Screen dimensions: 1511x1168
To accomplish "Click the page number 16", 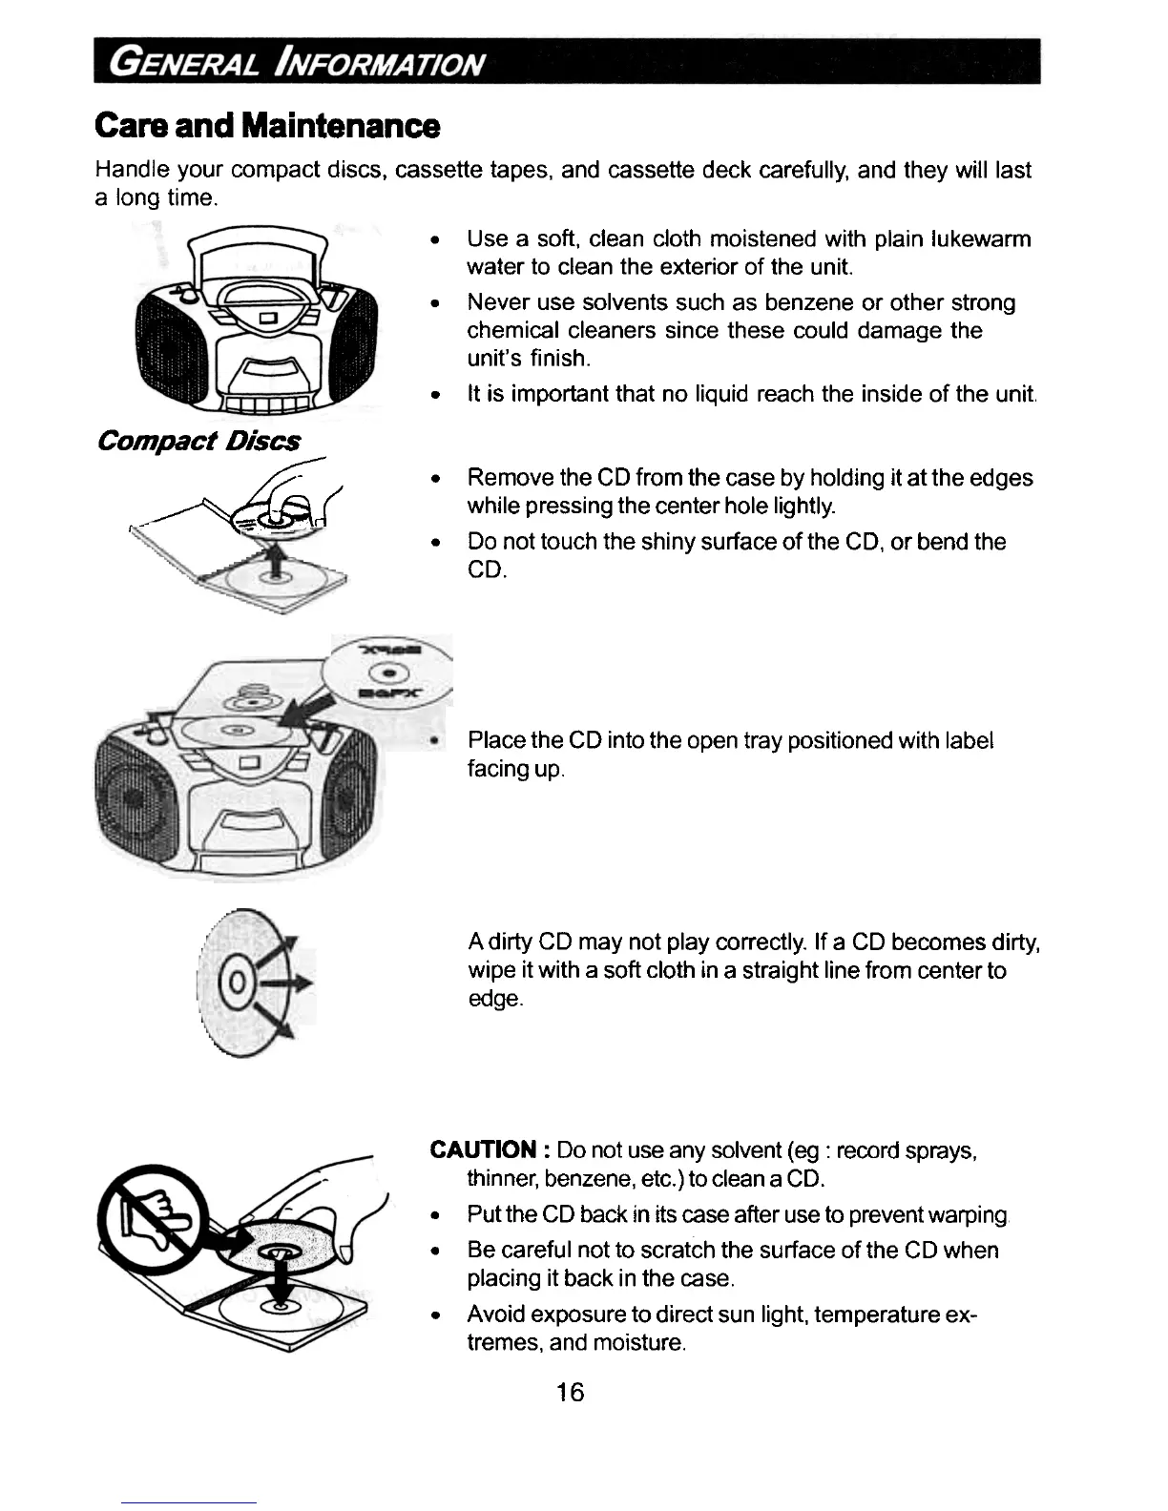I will click(570, 1393).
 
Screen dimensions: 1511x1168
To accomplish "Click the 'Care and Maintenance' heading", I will click(268, 125).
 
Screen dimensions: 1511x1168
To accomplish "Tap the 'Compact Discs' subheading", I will click(199, 441).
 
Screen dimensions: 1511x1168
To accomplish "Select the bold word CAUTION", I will click(483, 1149).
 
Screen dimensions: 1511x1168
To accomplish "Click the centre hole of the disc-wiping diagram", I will click(239, 982).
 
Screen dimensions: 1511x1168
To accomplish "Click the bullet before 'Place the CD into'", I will click(434, 741).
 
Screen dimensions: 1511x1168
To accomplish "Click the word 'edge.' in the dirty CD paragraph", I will click(495, 999).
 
